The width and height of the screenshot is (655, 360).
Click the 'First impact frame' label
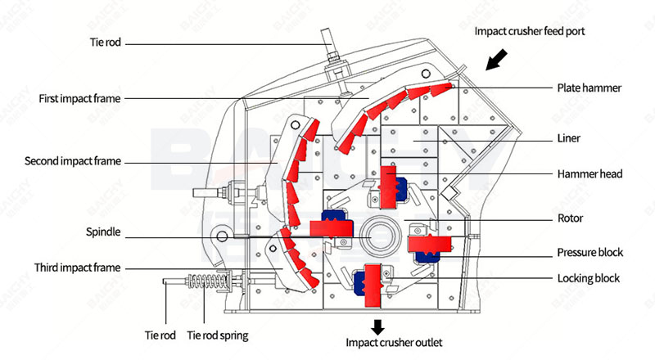pos(79,99)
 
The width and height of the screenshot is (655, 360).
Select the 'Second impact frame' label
pos(72,161)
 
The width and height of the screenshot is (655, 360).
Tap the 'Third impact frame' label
pos(77,268)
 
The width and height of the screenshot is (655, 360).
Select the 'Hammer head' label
pos(589,173)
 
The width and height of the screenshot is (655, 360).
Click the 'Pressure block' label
pos(590,252)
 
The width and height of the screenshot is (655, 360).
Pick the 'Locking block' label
pos(588,278)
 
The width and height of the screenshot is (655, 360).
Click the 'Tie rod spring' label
pos(217,335)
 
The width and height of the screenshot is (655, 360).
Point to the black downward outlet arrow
pos(377,326)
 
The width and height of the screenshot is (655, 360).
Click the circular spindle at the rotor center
pos(381,232)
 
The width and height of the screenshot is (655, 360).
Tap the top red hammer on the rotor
pos(388,187)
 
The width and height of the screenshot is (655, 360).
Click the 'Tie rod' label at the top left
pos(106,41)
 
